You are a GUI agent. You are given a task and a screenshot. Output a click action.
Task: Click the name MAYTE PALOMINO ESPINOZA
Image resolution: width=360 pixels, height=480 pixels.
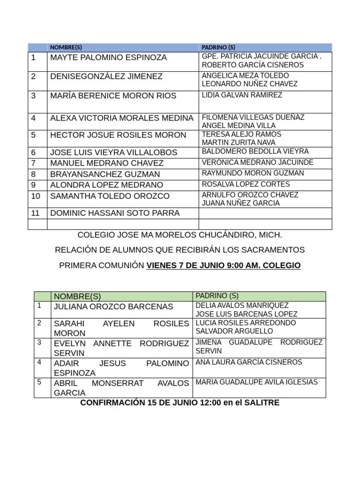[x=108, y=58]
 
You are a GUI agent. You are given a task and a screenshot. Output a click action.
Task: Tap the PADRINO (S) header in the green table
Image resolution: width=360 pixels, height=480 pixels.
[x=217, y=296]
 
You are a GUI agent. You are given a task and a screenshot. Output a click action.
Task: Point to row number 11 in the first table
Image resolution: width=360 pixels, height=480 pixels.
[x=36, y=213]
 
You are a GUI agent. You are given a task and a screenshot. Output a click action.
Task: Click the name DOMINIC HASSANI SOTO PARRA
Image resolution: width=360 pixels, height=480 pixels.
[x=115, y=213]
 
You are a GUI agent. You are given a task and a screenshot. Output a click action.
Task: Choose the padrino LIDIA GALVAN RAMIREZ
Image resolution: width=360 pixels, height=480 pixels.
[x=242, y=95]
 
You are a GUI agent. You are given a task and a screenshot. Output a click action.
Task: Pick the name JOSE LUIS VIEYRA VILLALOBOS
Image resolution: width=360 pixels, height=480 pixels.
[x=114, y=152]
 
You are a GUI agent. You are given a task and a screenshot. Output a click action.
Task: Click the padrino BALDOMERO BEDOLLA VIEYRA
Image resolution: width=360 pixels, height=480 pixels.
[x=255, y=151]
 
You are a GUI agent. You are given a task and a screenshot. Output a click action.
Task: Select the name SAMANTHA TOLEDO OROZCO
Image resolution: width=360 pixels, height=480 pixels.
[x=110, y=196]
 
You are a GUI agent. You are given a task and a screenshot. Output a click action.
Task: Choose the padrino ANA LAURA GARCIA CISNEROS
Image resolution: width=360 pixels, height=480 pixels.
[x=249, y=362]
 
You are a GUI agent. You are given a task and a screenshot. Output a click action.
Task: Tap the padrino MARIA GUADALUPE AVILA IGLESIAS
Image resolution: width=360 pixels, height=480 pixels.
[x=256, y=382]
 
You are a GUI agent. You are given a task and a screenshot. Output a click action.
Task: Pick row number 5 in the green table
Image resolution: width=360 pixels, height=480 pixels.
[x=40, y=382]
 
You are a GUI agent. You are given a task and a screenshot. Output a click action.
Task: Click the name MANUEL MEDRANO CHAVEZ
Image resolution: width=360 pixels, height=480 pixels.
[x=107, y=163]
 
